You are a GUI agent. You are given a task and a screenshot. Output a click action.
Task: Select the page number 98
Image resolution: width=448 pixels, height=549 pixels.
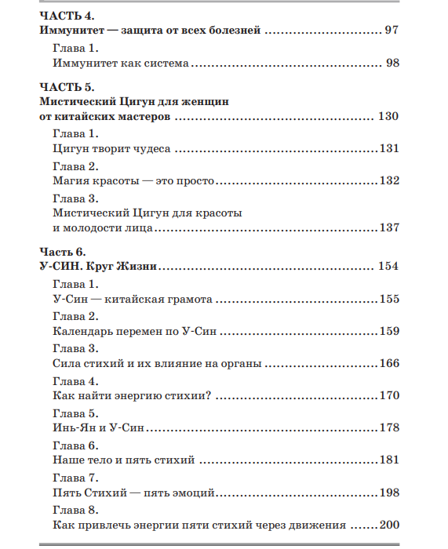click(392, 62)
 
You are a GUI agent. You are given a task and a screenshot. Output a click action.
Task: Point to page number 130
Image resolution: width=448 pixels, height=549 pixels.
click(388, 116)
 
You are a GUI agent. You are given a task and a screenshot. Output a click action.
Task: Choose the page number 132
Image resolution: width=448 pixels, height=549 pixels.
click(389, 180)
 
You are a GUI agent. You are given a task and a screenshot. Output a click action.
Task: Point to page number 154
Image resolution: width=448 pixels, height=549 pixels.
click(388, 267)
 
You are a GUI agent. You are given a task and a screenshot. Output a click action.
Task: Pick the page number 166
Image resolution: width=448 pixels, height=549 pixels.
click(389, 363)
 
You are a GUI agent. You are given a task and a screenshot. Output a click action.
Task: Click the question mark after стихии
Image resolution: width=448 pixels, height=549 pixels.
click(209, 395)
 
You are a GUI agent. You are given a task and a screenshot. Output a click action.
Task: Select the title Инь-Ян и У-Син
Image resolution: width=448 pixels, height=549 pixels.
click(99, 428)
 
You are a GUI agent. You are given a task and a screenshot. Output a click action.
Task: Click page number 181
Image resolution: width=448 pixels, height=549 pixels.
click(389, 460)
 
